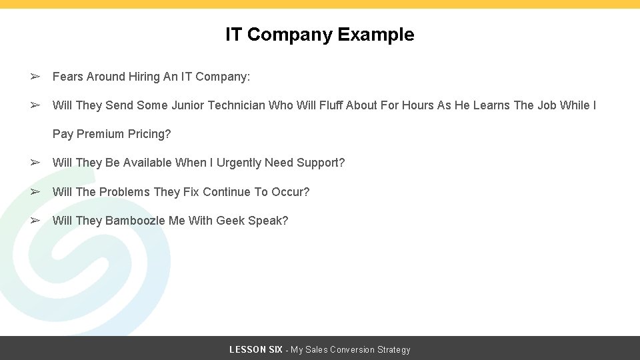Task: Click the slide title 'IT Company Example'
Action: (319, 35)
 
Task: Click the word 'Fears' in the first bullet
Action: (68, 77)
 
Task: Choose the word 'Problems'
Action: (125, 192)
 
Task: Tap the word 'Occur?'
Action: (290, 192)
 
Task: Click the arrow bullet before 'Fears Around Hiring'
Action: (35, 77)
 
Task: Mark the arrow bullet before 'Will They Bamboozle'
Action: (35, 221)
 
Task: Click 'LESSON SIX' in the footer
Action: (255, 350)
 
